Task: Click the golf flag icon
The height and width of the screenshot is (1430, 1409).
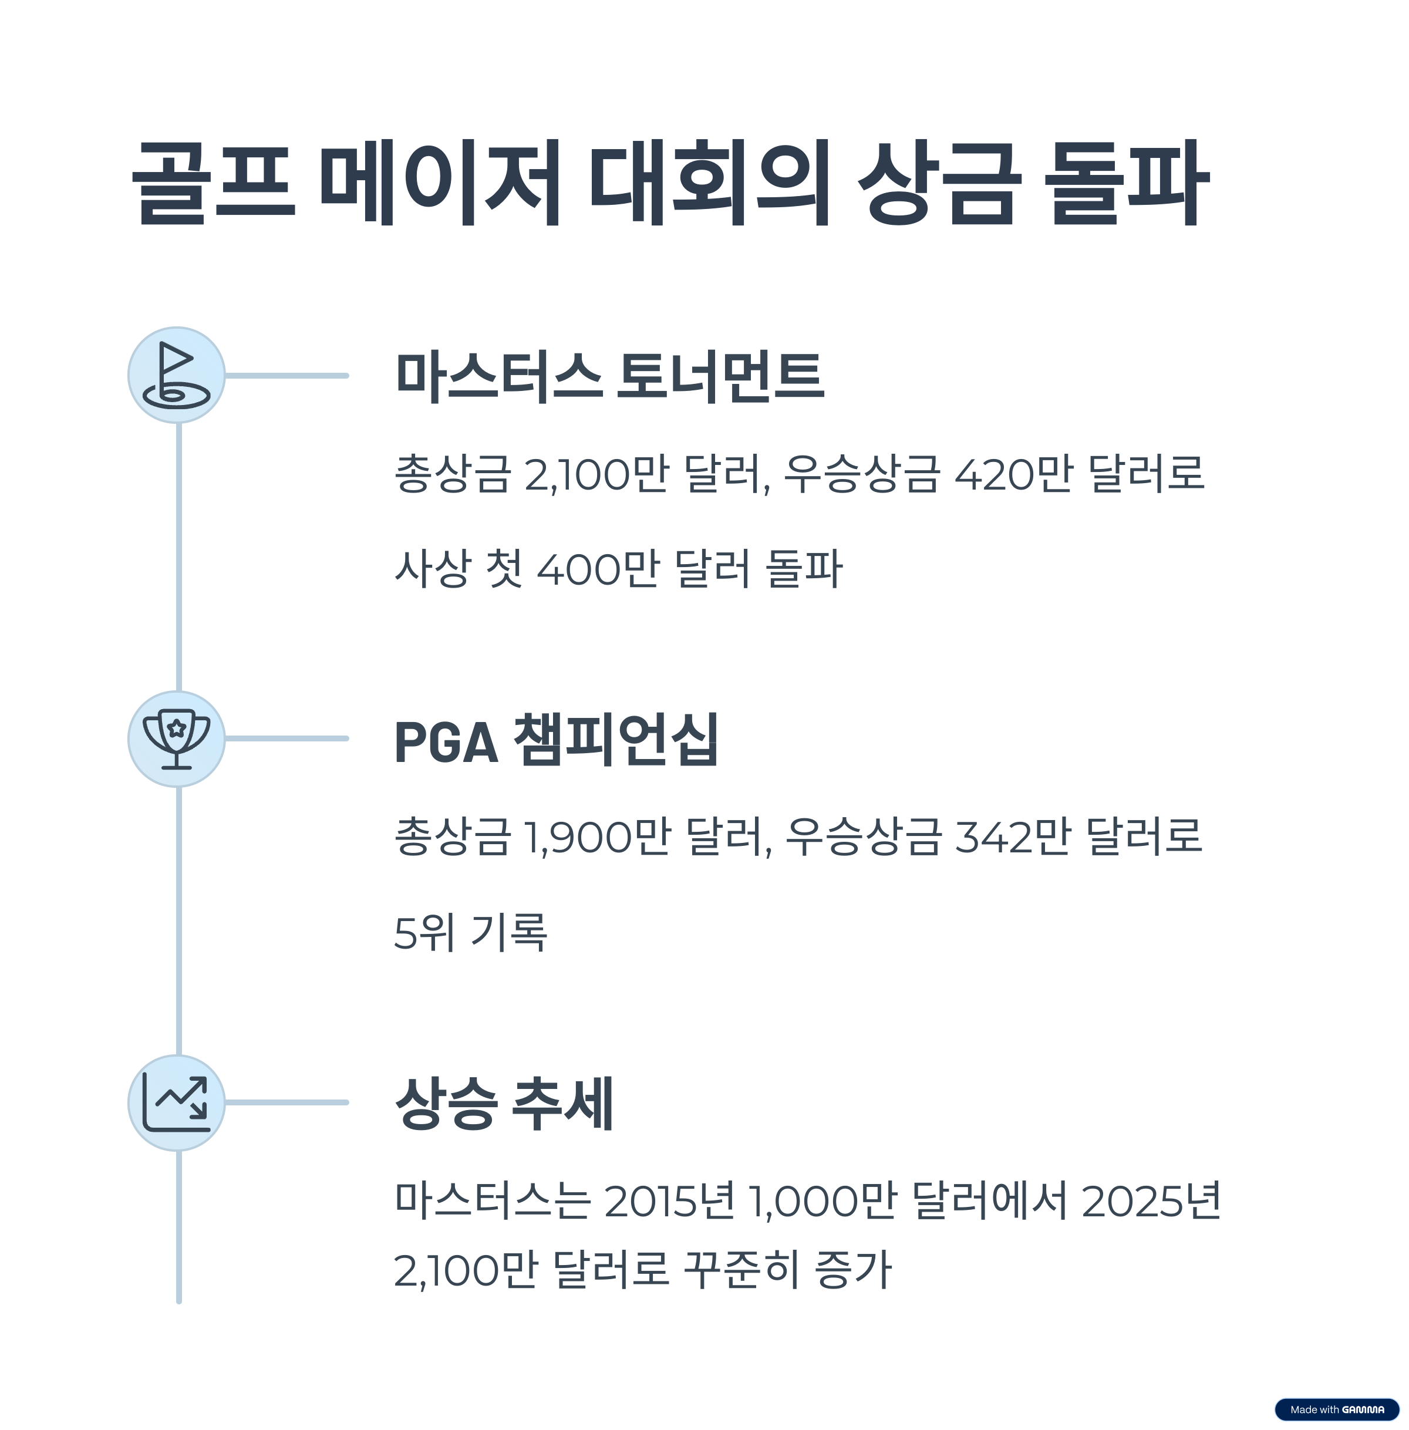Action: point(176,375)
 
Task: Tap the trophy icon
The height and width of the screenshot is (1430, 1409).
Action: point(176,738)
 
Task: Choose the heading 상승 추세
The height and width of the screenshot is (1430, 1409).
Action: point(504,1103)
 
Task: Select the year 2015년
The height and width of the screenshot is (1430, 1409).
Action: point(670,1200)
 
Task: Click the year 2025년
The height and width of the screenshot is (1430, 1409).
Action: point(1151,1200)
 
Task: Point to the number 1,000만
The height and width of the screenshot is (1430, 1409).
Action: point(823,1200)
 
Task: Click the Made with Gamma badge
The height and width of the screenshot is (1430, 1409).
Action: point(1336,1409)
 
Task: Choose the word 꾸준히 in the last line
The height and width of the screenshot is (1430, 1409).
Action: point(741,1270)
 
